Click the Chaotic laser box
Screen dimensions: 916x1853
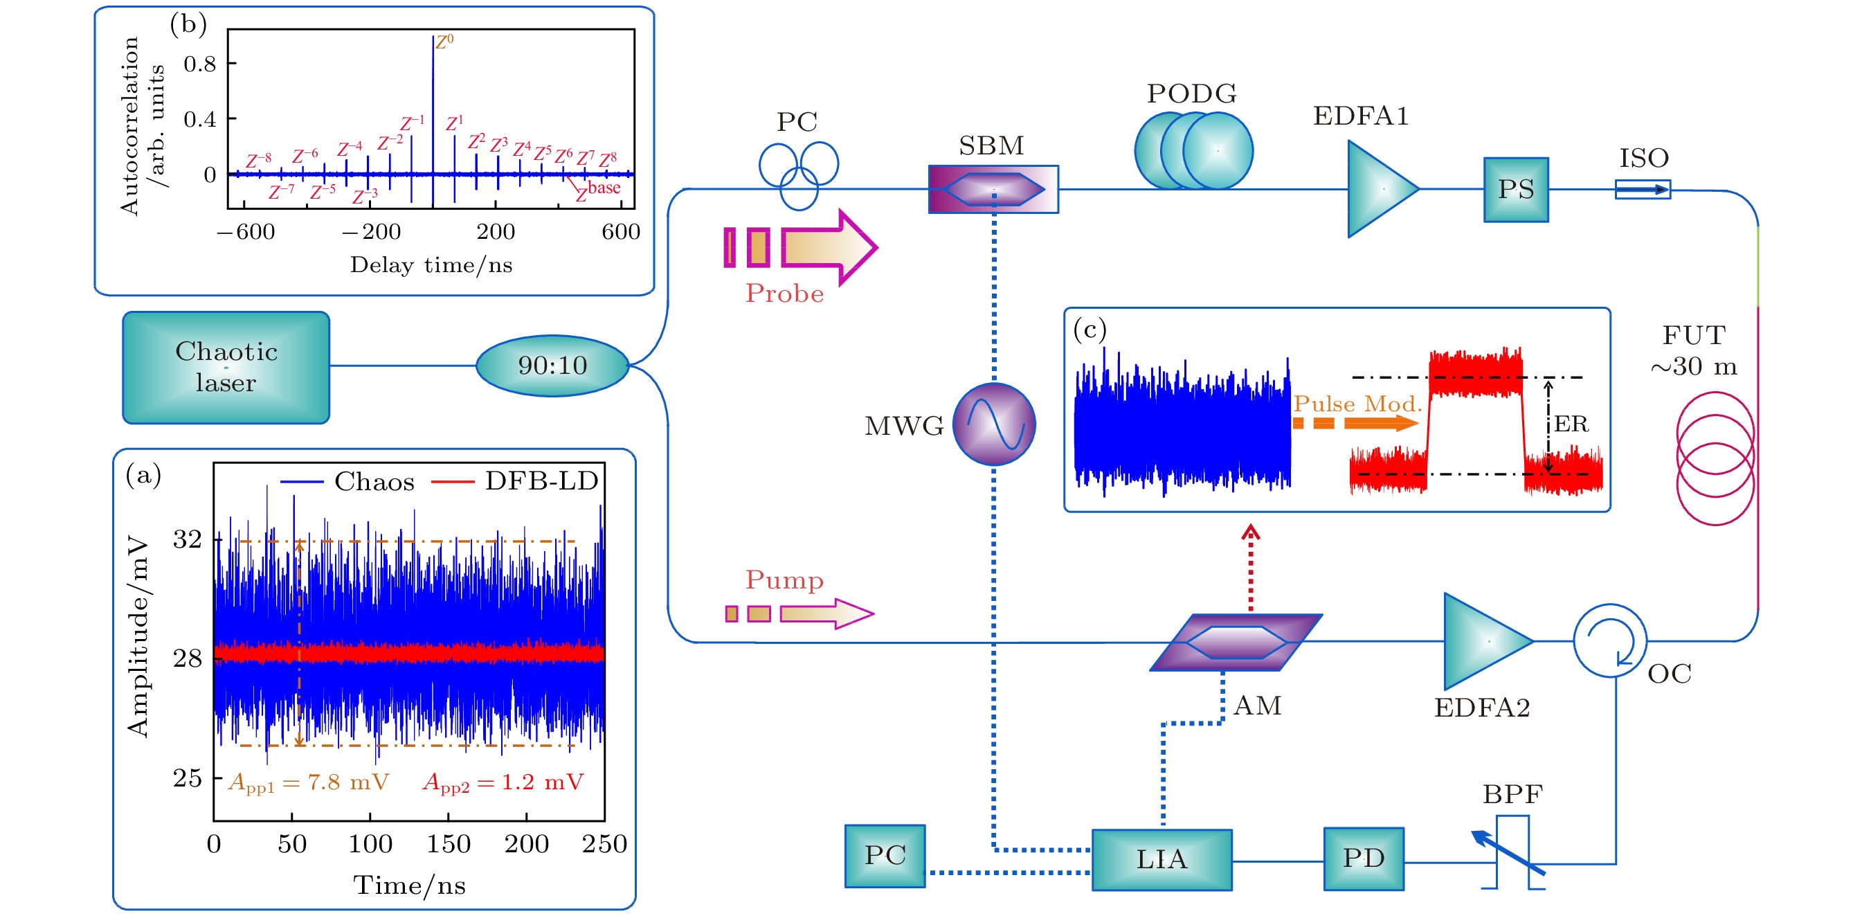[226, 367]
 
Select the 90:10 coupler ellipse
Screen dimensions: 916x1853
[552, 366]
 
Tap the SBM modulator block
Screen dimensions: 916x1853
[993, 189]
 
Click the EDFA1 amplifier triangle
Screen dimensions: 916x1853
[1377, 188]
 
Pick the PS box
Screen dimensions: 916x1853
[1516, 189]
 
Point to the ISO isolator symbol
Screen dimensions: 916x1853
[1643, 189]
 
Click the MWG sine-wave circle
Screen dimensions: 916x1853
[994, 424]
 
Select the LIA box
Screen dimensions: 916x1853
[1161, 859]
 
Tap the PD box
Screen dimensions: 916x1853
[1363, 859]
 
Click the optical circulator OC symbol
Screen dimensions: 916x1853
[1609, 640]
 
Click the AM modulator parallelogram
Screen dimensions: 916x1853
[1235, 642]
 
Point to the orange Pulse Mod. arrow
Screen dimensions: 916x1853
[1356, 422]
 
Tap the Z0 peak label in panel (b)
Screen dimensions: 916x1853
[444, 41]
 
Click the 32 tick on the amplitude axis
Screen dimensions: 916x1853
[187, 539]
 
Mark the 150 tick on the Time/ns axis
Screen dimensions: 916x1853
[448, 843]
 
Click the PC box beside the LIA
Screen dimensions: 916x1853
[884, 856]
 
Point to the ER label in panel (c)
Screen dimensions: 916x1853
[1571, 424]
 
